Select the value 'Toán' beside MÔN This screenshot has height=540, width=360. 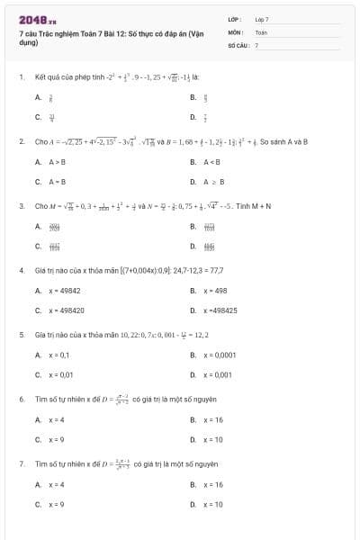pyautogui.click(x=261, y=31)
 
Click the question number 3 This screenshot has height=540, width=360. pyautogui.click(x=21, y=206)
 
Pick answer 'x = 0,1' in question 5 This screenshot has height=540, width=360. pyautogui.click(x=58, y=355)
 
